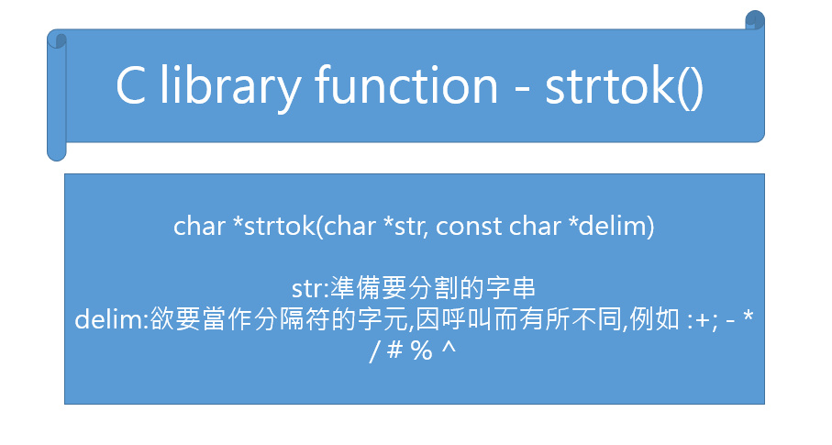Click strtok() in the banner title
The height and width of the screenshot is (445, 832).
[x=625, y=87]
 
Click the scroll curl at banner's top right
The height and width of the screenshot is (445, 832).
[x=754, y=20]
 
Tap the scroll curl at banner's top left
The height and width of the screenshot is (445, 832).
[x=57, y=39]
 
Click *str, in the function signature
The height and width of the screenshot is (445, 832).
[x=403, y=227]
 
